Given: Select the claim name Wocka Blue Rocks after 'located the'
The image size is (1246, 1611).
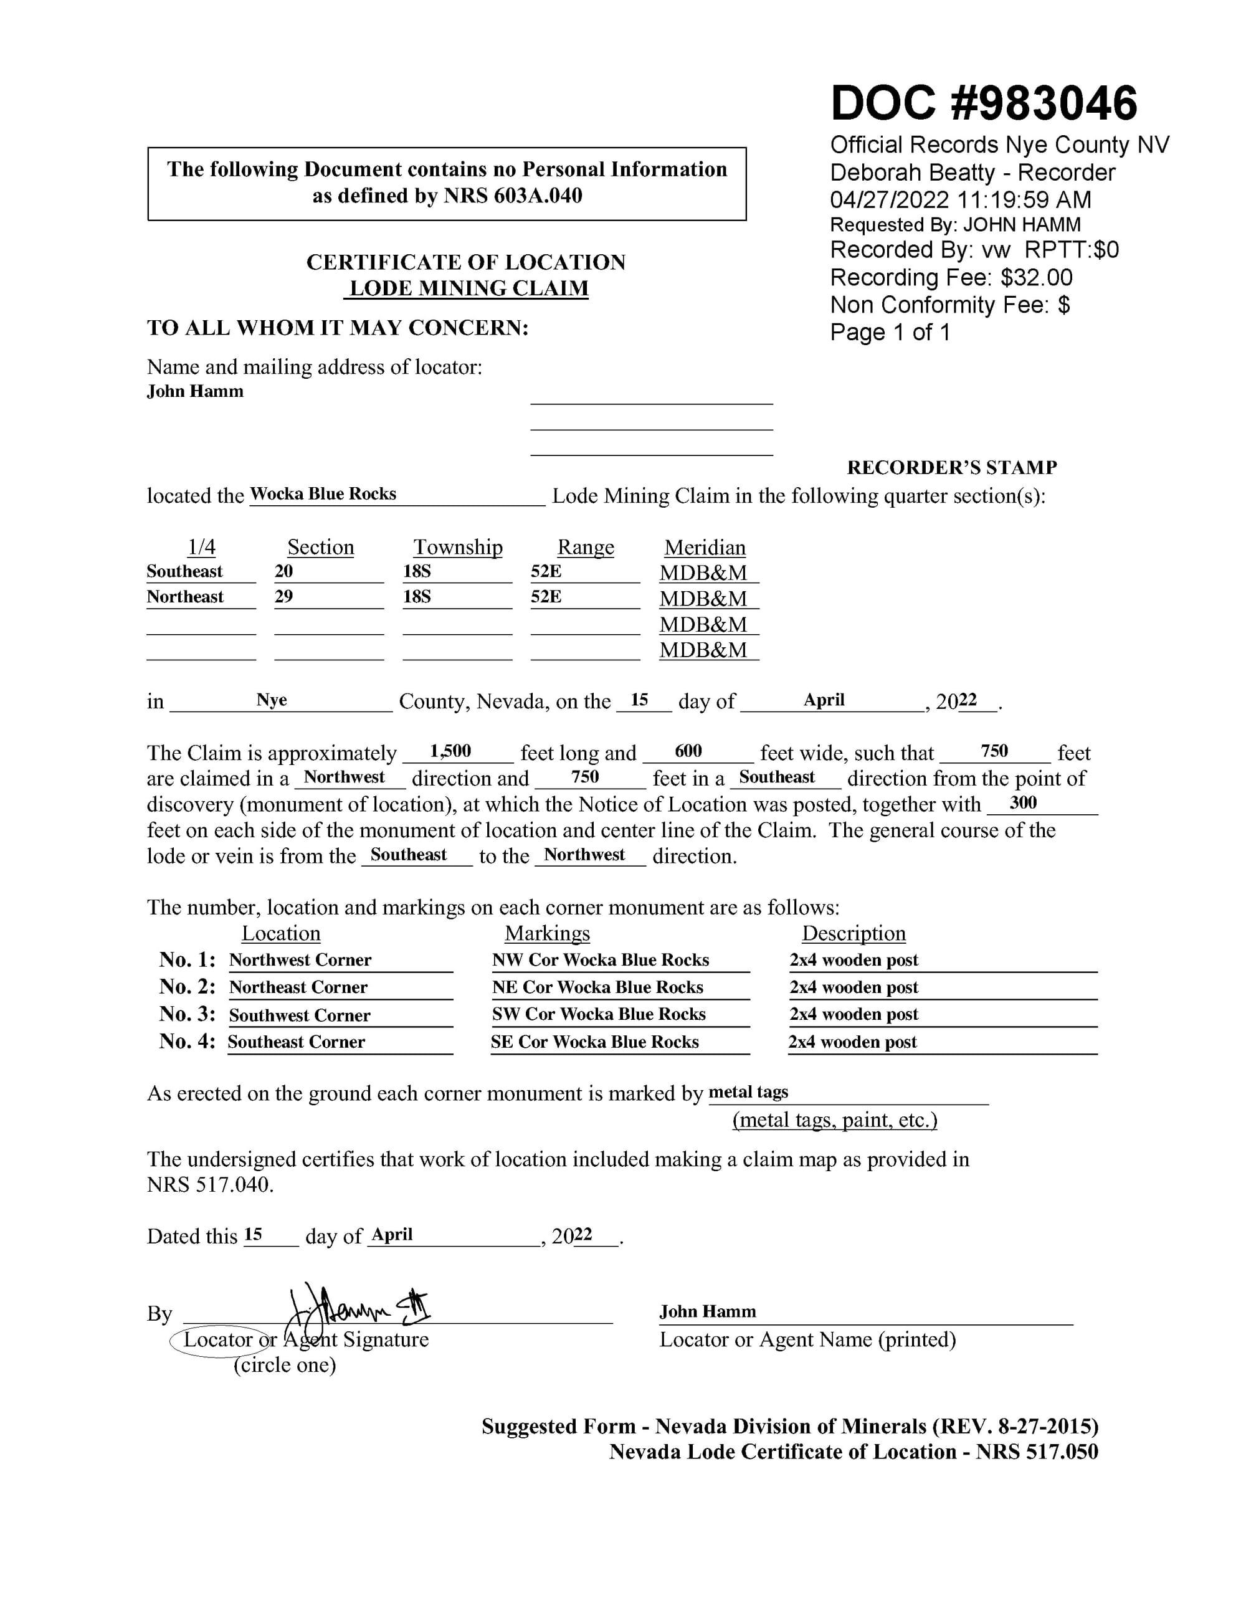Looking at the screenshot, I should (x=323, y=493).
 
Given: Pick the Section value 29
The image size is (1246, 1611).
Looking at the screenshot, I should (x=284, y=597).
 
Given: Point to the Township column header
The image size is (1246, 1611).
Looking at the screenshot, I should (x=457, y=548).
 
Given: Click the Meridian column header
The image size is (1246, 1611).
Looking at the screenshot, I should (x=705, y=548).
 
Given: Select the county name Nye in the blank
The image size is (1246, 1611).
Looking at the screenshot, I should (x=272, y=700).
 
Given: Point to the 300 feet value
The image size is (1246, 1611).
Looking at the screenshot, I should (x=1023, y=802).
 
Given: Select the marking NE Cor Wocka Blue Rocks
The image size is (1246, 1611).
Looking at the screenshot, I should (x=597, y=987).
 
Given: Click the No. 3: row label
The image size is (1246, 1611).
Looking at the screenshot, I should (x=188, y=1014).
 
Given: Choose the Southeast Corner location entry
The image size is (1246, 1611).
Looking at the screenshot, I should (x=297, y=1042).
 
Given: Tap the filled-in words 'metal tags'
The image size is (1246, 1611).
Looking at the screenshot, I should (x=748, y=1091).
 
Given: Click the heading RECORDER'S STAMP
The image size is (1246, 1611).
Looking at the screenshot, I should (x=952, y=468).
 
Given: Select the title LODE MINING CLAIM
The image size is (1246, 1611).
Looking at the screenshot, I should (x=468, y=288).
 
